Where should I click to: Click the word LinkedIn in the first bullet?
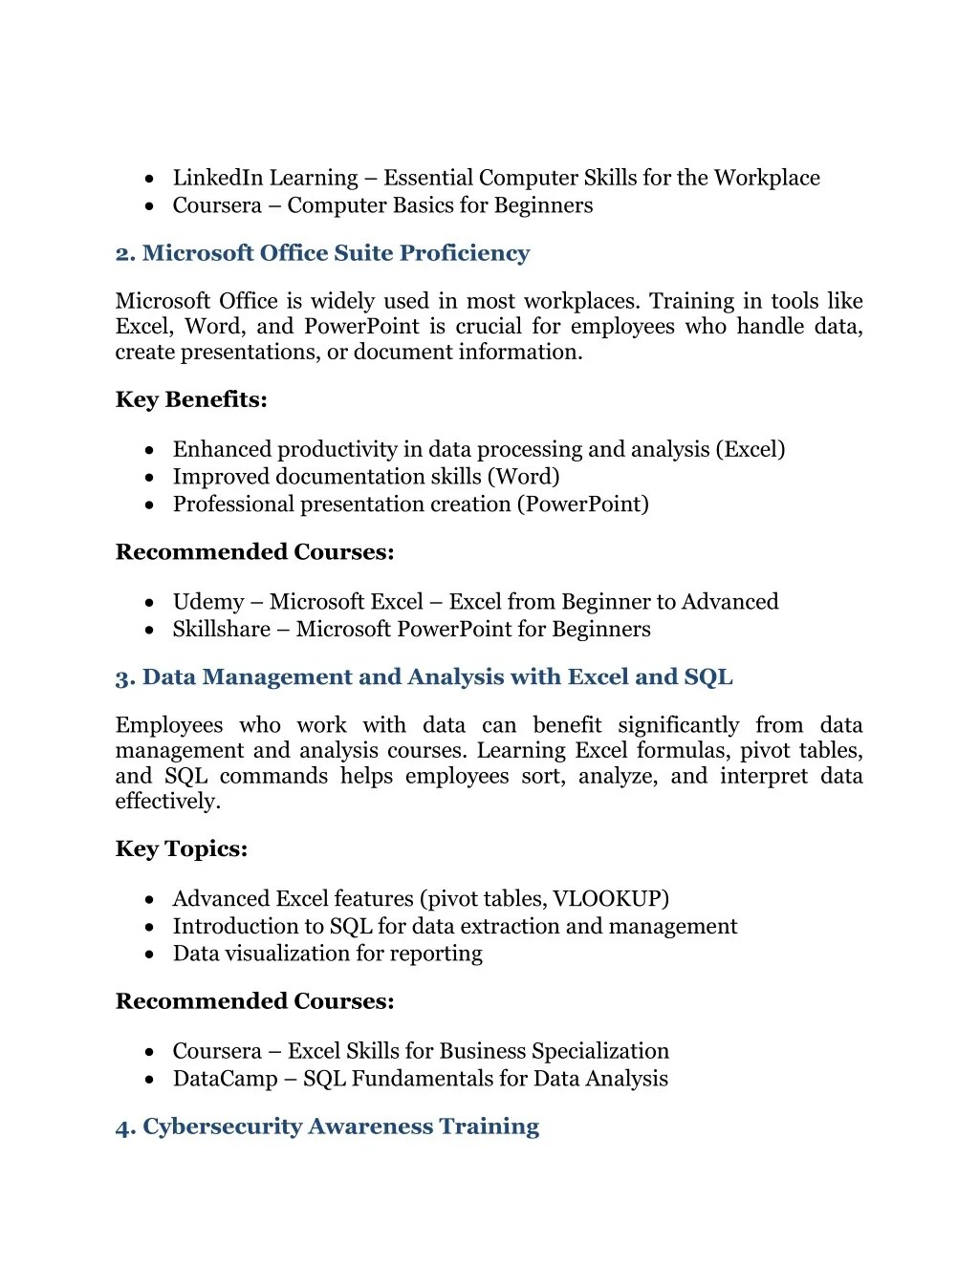click(x=217, y=178)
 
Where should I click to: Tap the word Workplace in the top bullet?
click(x=767, y=178)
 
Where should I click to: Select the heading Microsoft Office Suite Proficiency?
click(x=322, y=253)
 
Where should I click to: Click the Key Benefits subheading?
click(x=191, y=399)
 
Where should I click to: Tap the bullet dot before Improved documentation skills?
click(x=150, y=478)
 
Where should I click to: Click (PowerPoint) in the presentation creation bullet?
click(x=583, y=504)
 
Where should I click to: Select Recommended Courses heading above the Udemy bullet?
click(x=254, y=552)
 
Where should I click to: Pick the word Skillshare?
click(x=221, y=630)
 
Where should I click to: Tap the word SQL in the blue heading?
click(x=708, y=677)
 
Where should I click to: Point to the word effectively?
click(x=167, y=802)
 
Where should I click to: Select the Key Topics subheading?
click(x=182, y=849)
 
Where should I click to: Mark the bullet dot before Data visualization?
click(x=150, y=955)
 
